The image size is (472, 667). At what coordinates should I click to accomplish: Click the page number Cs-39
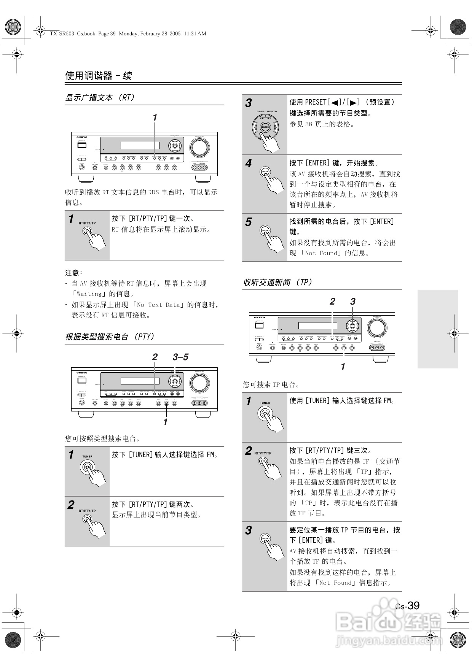click(x=407, y=605)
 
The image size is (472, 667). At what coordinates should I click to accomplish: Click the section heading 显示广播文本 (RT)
click(x=100, y=98)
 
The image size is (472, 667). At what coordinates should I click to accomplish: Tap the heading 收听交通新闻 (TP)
click(x=277, y=283)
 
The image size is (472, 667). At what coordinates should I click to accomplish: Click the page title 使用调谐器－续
click(x=99, y=76)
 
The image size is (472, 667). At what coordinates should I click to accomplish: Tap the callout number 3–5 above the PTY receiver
click(x=180, y=357)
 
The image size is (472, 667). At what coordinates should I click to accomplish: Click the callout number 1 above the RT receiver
click(x=155, y=118)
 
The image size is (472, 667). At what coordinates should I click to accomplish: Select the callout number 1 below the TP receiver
click(x=343, y=367)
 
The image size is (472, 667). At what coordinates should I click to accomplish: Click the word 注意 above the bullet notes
click(x=72, y=273)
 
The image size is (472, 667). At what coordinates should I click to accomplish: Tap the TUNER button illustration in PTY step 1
click(x=88, y=467)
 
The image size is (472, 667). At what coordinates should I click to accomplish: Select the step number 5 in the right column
click(x=249, y=222)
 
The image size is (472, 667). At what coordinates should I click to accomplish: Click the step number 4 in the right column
click(x=249, y=164)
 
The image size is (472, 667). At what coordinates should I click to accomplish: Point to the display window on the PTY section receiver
click(x=140, y=381)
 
